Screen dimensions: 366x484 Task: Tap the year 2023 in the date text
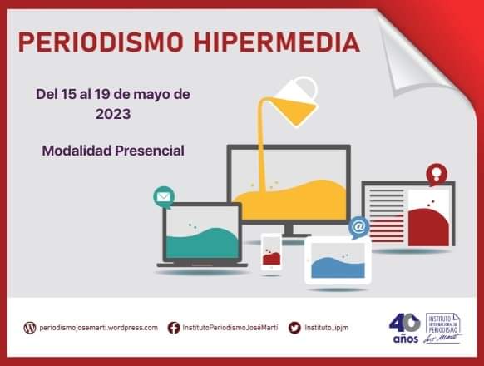[x=112, y=114]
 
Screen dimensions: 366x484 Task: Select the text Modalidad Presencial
[x=113, y=151]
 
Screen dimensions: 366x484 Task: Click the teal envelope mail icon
[x=164, y=198]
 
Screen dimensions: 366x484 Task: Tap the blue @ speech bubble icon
[x=358, y=226]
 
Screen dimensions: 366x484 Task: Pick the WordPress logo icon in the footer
[x=31, y=328]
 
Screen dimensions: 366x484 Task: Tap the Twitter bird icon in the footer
[x=294, y=328]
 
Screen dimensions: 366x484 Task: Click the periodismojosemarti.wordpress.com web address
[x=98, y=328]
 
